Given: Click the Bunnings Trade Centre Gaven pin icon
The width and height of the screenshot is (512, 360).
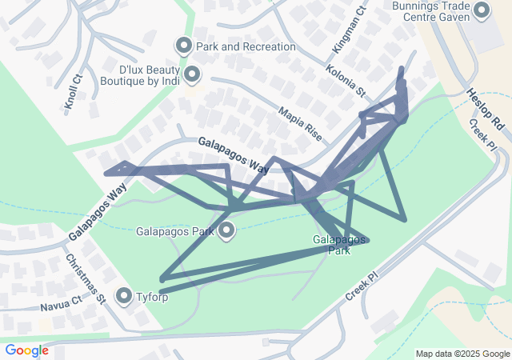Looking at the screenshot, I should pos(482,11).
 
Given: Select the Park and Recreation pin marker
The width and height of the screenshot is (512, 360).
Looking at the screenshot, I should pos(184,46).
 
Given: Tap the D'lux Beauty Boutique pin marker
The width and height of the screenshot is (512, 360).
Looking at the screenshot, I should pos(192,75).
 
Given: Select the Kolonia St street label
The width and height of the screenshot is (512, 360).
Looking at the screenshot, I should pos(346,82).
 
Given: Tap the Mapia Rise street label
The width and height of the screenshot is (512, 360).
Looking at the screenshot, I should pos(300,125).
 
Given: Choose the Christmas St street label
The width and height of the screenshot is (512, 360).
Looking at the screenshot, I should pos(86,278).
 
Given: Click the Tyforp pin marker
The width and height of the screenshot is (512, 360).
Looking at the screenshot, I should pos(124,297).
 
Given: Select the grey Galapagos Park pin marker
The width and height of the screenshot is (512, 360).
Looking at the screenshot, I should pos(226,232).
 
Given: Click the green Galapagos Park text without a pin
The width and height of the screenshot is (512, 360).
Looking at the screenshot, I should pos(339,245).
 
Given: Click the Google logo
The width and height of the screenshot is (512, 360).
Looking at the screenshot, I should pos(26,350).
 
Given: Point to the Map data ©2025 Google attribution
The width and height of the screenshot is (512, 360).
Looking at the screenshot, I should pos(462,354).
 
